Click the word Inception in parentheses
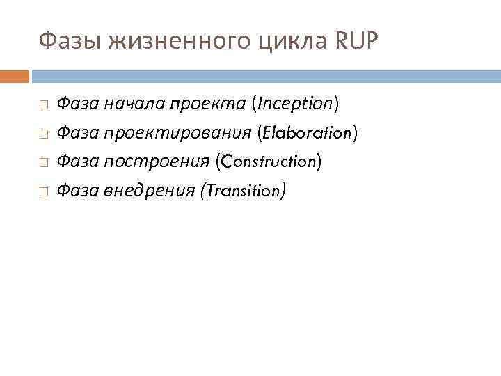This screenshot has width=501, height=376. click(x=296, y=104)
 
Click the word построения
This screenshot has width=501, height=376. click(x=156, y=162)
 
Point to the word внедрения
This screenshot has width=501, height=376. click(x=148, y=190)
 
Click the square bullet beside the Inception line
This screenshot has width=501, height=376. click(x=43, y=104)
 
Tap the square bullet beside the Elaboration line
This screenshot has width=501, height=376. click(x=43, y=133)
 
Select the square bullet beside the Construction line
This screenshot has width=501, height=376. click(x=43, y=162)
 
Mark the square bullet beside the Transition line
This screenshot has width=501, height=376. click(x=43, y=191)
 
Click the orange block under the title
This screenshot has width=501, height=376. click(x=14, y=75)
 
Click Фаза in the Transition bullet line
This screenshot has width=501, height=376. click(x=77, y=190)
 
